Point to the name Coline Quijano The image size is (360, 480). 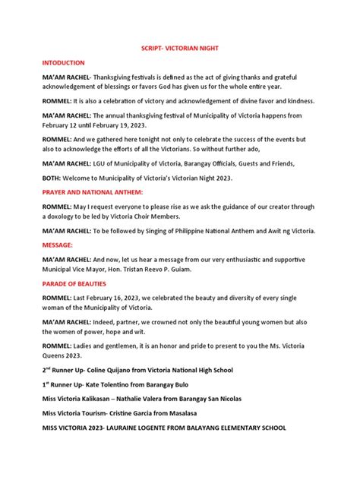(x=112, y=369)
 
